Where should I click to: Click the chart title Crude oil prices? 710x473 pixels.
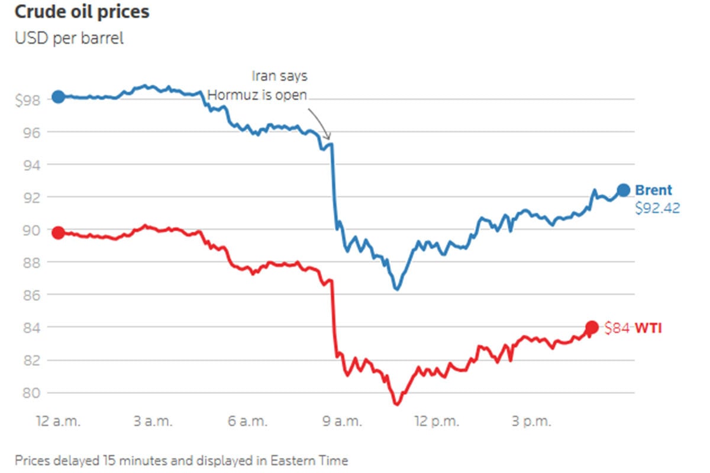[x=82, y=12]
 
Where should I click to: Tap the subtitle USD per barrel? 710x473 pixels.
[x=69, y=39]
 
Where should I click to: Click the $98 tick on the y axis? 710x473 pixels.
[x=28, y=99]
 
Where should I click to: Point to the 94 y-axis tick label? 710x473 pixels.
[x=31, y=164]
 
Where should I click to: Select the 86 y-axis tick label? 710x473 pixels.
[x=31, y=294]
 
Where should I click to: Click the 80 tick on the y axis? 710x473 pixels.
[x=31, y=393]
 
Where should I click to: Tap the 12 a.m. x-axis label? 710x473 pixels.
[x=58, y=422]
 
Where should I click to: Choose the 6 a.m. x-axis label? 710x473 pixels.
[x=248, y=422]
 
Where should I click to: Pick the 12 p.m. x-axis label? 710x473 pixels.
[x=437, y=422]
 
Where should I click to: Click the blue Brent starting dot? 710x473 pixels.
[x=58, y=96]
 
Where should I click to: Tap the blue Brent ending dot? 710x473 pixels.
[x=623, y=190]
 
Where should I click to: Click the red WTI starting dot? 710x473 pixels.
[x=58, y=233]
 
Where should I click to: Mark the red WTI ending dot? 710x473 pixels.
[x=592, y=327]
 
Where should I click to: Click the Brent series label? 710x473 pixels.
[x=653, y=190]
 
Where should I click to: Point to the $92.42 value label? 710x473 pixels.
[x=657, y=208]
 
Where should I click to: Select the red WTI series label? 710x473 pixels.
[x=648, y=328]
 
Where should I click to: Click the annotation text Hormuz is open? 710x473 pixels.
[x=257, y=95]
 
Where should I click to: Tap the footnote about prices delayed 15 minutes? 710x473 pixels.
[x=182, y=460]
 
